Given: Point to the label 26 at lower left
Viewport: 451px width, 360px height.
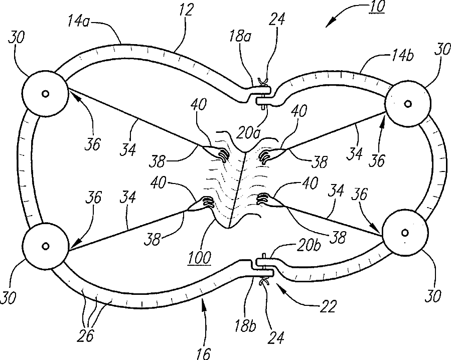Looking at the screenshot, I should [x=86, y=335].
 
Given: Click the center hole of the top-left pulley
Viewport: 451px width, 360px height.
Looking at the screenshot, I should [x=45, y=94].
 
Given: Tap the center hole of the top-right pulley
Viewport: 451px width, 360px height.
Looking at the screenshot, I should [x=407, y=104].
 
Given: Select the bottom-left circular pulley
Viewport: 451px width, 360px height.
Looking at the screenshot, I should [x=45, y=246].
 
